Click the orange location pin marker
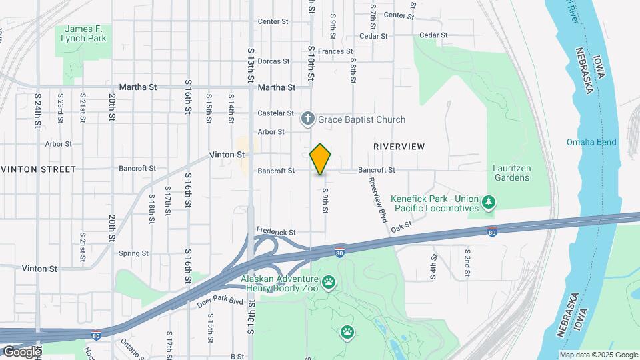[x=321, y=159]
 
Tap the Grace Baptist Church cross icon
[x=307, y=119]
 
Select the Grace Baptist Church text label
[x=361, y=120]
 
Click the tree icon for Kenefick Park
[x=489, y=203]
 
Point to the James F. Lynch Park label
[x=85, y=33]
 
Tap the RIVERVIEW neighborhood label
[x=399, y=146]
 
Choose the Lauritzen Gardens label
[x=512, y=173]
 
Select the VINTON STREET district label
[x=38, y=169]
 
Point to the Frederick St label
[x=276, y=232]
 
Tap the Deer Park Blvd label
[x=221, y=301]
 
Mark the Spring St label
[x=133, y=253]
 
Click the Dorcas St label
[x=273, y=61]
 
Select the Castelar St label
[x=276, y=113]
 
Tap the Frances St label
[x=335, y=51]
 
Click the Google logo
[x=22, y=351]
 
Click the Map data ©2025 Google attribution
[x=598, y=355]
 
